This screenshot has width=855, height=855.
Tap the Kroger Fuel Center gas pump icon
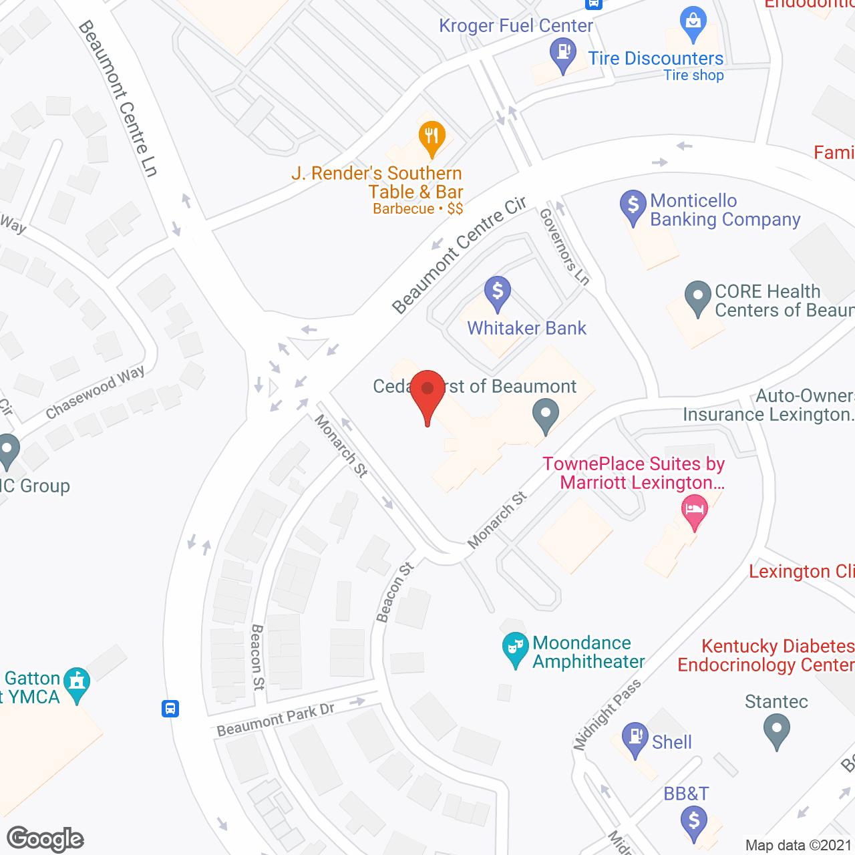click(x=563, y=52)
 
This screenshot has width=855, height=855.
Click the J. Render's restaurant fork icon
click(x=432, y=136)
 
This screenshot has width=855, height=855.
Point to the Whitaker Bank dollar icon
click(x=498, y=291)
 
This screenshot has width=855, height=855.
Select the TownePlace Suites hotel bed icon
click(x=695, y=511)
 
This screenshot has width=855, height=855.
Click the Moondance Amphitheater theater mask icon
click(x=515, y=648)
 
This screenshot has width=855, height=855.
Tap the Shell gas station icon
click(x=635, y=738)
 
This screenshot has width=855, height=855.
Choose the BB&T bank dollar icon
click(x=694, y=821)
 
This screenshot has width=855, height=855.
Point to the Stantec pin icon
click(x=776, y=729)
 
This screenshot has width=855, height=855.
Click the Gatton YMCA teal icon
click(x=77, y=683)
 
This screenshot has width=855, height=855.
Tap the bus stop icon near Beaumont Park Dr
click(x=170, y=708)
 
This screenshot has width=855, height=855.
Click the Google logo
click(x=45, y=839)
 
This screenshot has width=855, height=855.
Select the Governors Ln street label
click(x=564, y=246)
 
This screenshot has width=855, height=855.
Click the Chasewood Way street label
click(x=95, y=393)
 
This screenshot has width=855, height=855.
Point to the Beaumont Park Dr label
click(x=275, y=719)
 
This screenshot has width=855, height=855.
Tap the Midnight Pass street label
click(x=607, y=714)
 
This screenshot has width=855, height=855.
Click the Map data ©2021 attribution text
click(x=799, y=846)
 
